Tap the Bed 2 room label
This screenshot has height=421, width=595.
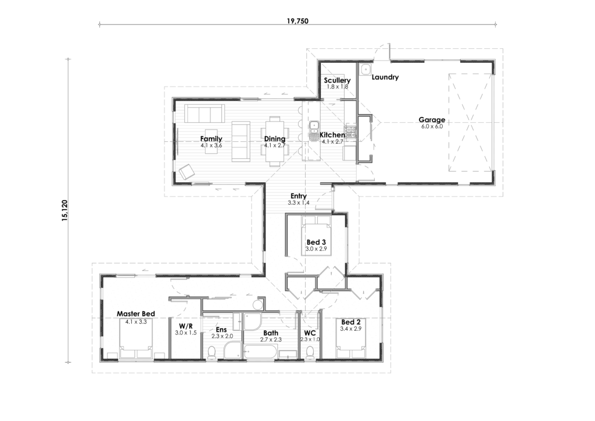point(352,322)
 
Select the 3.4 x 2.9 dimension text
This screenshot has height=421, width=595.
point(352,329)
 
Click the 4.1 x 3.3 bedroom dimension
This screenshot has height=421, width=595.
point(136,321)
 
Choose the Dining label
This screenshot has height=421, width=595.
point(274,138)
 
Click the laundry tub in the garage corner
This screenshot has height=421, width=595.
point(365,70)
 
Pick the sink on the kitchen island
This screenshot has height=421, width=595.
point(313,126)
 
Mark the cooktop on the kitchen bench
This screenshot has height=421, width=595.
point(350,129)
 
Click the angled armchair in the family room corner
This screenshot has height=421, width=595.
point(187,173)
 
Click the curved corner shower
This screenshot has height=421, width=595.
point(252,322)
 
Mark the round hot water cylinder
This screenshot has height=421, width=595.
point(258,304)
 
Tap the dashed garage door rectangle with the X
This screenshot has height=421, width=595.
point(471,122)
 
